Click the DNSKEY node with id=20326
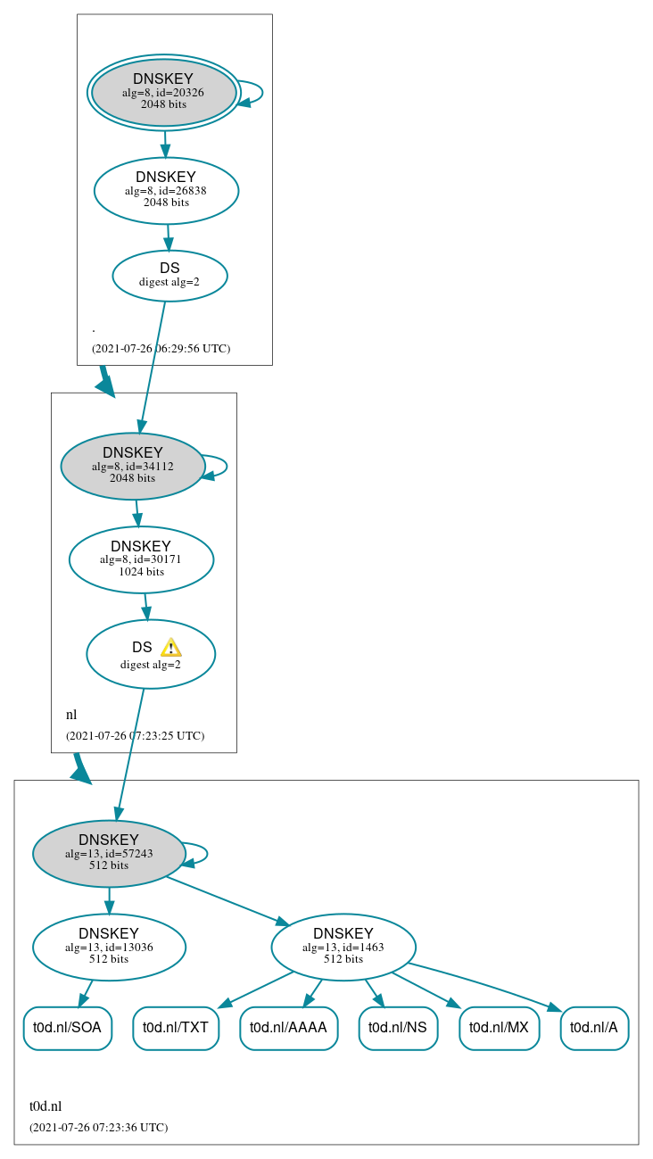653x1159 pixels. [163, 92]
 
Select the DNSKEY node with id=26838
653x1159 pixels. [166, 190]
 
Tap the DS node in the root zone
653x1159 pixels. [169, 275]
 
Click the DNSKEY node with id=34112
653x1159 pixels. [133, 466]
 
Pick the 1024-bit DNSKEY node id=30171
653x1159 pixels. [141, 559]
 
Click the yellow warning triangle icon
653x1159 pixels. [170, 648]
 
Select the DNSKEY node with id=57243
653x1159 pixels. [109, 854]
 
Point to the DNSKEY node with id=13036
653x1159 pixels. [109, 947]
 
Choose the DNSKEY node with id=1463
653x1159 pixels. [343, 947]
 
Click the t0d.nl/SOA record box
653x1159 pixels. [67, 1028]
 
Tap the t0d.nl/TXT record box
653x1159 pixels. [176, 1028]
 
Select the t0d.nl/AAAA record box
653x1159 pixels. [288, 1028]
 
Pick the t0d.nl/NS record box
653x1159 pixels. [398, 1028]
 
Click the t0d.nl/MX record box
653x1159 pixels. [499, 1028]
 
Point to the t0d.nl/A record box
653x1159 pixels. [594, 1028]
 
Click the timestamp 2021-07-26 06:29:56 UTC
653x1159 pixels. [161, 348]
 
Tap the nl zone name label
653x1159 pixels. [71, 715]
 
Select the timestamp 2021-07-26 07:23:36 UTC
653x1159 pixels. [98, 1127]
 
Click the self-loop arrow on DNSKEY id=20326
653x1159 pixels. [259, 92]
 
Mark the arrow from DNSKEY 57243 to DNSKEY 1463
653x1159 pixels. [227, 901]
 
